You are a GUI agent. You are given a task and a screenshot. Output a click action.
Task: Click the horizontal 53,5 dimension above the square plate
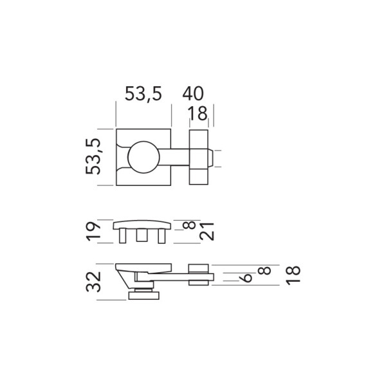coord(143,95)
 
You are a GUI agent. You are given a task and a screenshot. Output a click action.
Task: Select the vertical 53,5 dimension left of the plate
coord(95,157)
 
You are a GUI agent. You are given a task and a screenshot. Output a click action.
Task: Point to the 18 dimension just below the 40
coord(198,115)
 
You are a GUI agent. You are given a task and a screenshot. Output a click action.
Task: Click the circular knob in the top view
coord(143,157)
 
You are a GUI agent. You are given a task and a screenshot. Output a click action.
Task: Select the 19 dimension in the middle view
coord(95,231)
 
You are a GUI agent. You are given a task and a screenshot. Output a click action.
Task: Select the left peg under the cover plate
coord(123,237)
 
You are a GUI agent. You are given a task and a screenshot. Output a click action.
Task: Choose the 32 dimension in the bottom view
coord(95,281)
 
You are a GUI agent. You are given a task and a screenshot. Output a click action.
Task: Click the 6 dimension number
coord(245,278)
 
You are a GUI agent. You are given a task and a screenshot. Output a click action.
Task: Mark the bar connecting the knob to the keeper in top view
coord(175,157)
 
